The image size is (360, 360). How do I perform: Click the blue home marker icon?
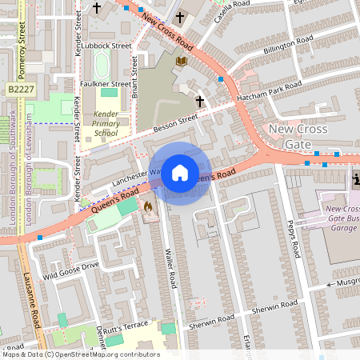pos(180,172)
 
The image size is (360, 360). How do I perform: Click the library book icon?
pos(182,60)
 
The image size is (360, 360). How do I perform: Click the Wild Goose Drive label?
pos(71,269)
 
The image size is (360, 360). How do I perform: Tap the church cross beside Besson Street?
pos(199,101)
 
